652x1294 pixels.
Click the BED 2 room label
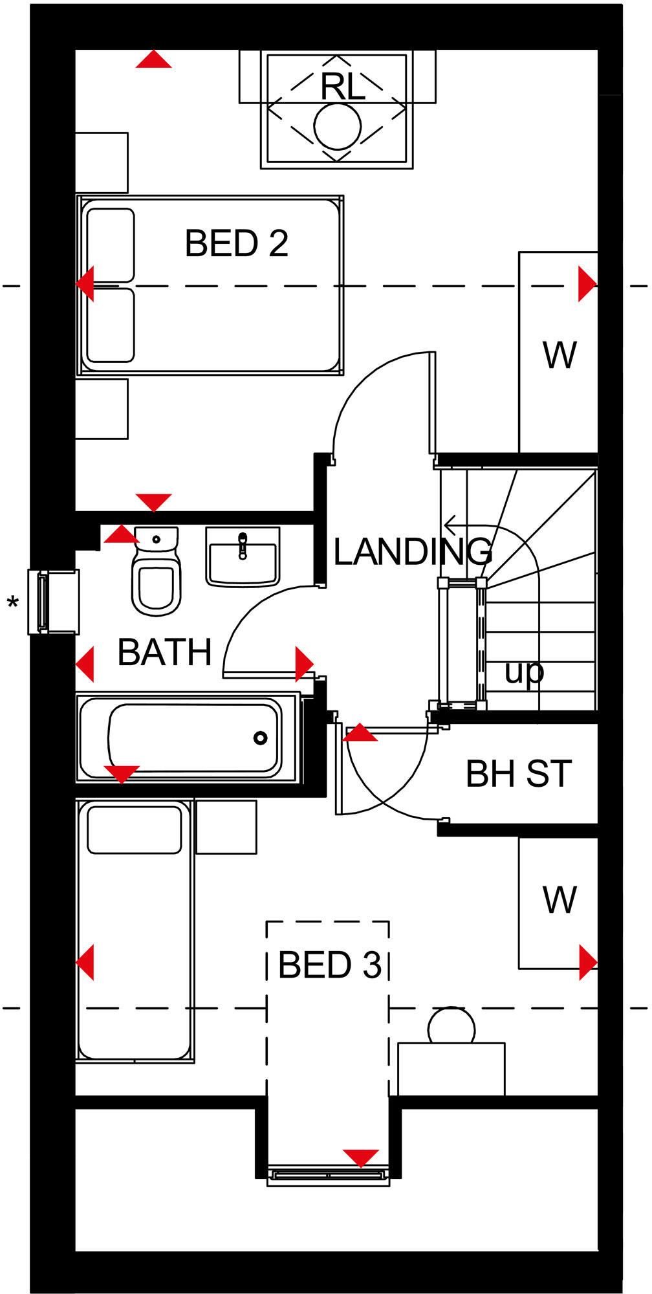click(x=236, y=244)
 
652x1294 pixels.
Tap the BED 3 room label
click(x=329, y=965)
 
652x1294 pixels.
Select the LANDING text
click(x=412, y=552)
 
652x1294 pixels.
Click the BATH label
click(x=165, y=652)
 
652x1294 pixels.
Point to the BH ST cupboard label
click(x=519, y=774)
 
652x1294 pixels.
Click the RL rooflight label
click(x=343, y=87)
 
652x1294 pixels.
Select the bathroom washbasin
click(x=243, y=557)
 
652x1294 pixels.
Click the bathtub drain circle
click(x=261, y=738)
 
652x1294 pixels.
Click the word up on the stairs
click(x=524, y=673)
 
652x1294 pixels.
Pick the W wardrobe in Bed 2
click(x=560, y=355)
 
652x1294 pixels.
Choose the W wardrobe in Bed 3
click(x=560, y=900)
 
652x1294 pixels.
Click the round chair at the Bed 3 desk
click(x=451, y=1027)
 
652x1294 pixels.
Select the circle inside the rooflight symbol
click(x=337, y=127)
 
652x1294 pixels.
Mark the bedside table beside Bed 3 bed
click(x=226, y=827)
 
